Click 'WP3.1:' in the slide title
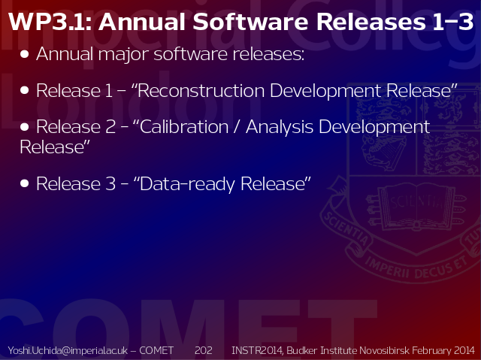[x=50, y=22]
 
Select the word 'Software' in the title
[x=250, y=22]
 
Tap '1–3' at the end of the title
[x=452, y=22]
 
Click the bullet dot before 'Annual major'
[x=24, y=54]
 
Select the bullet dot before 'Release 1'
[x=24, y=90]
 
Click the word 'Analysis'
[x=280, y=128]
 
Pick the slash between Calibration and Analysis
[x=236, y=127]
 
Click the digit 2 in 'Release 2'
[x=110, y=127]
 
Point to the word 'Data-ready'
[x=187, y=184]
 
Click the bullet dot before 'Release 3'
[x=24, y=183]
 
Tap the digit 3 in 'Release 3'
[x=110, y=183]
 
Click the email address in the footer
[x=68, y=350]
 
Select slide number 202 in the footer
[x=204, y=350]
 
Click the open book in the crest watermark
[x=416, y=206]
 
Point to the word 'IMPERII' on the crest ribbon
[x=387, y=268]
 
